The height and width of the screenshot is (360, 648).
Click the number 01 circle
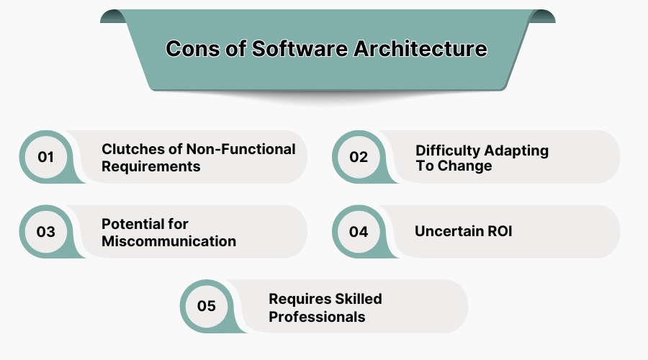46,156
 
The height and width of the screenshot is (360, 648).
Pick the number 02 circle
359,156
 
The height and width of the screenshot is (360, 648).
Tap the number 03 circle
46,232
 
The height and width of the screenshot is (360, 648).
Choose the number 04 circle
359,232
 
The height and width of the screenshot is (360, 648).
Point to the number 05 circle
207,307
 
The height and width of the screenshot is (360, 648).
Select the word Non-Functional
240,149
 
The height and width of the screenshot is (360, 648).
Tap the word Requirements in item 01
150,166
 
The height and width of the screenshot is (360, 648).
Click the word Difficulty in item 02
447,150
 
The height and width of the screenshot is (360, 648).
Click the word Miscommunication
168,241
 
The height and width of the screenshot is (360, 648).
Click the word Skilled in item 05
356,299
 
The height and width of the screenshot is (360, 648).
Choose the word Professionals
317,316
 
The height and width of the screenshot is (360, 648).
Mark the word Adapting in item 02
516,150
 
